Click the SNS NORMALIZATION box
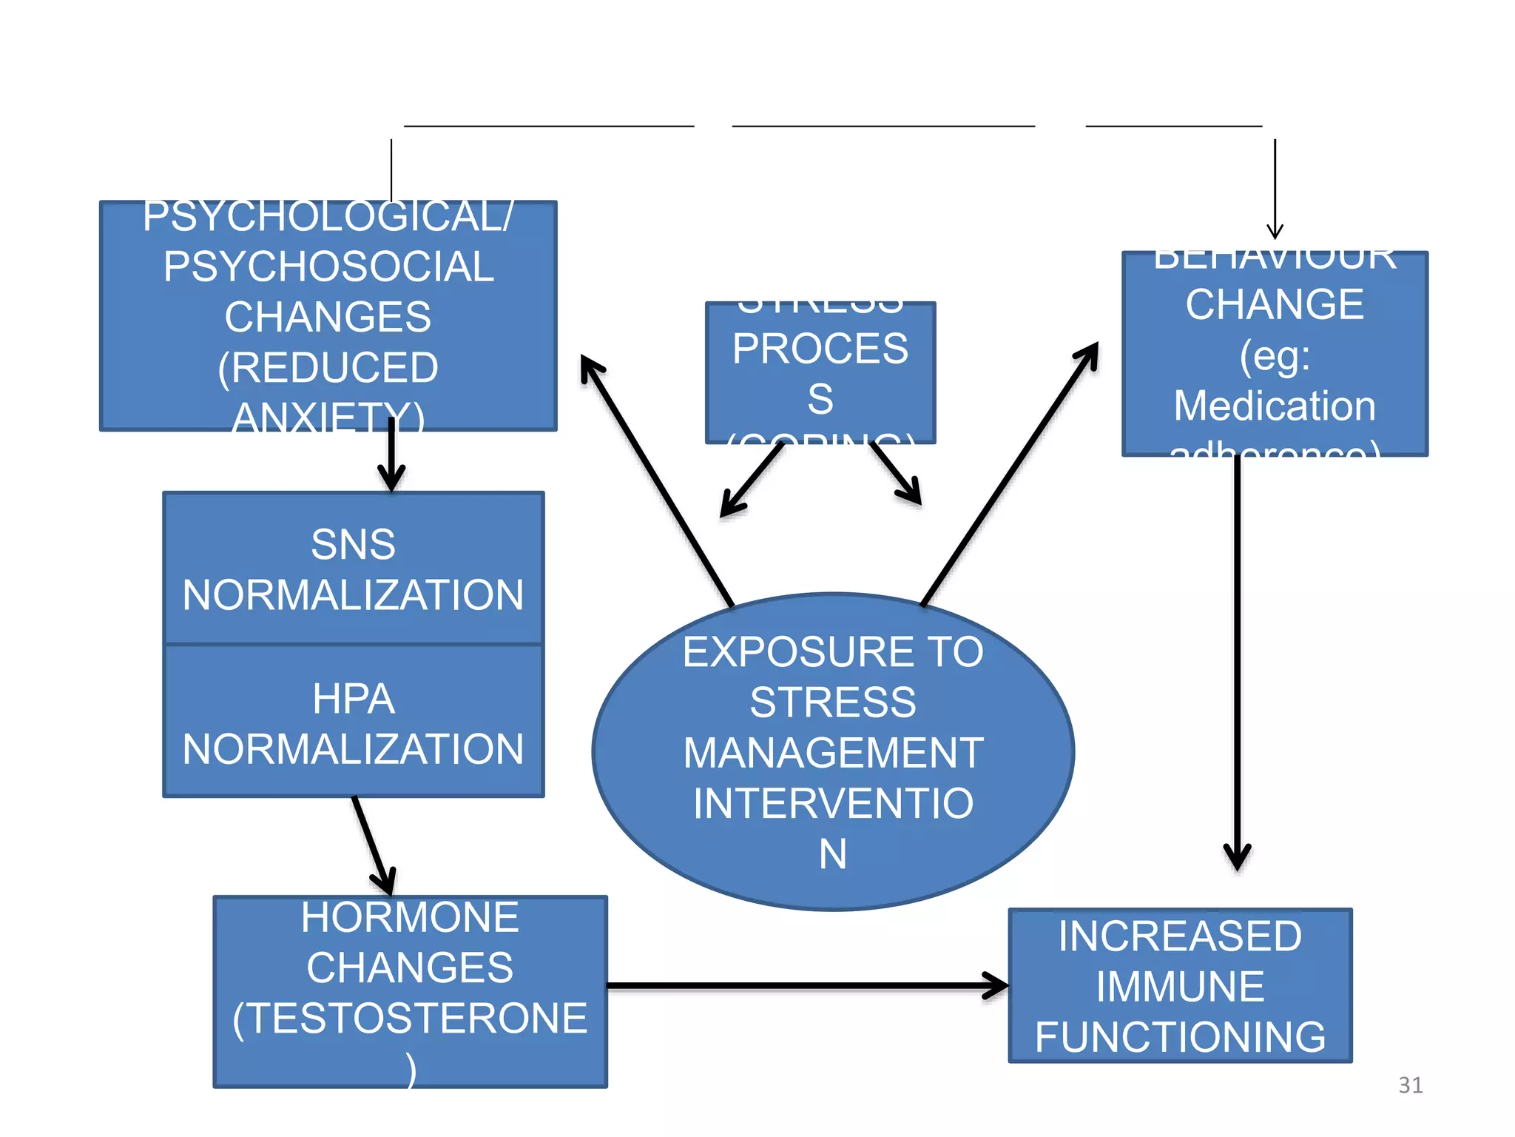click(x=354, y=568)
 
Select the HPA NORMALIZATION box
click(x=354, y=722)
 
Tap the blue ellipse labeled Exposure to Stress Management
click(x=833, y=751)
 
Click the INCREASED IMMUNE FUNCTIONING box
click(x=1180, y=986)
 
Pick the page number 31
click(x=1410, y=1085)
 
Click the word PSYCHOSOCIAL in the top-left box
click(x=328, y=266)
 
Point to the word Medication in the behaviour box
click(x=1275, y=406)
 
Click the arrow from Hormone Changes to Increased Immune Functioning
click(x=806, y=985)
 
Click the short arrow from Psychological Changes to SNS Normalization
click(x=391, y=455)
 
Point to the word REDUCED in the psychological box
click(x=328, y=368)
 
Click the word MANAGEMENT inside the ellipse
click(x=833, y=753)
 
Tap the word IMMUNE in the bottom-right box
click(x=1180, y=986)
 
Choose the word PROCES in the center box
click(x=820, y=349)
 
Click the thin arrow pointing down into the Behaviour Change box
click(x=1275, y=189)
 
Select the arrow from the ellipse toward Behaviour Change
click(x=1010, y=474)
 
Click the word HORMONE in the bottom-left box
click(x=410, y=918)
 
